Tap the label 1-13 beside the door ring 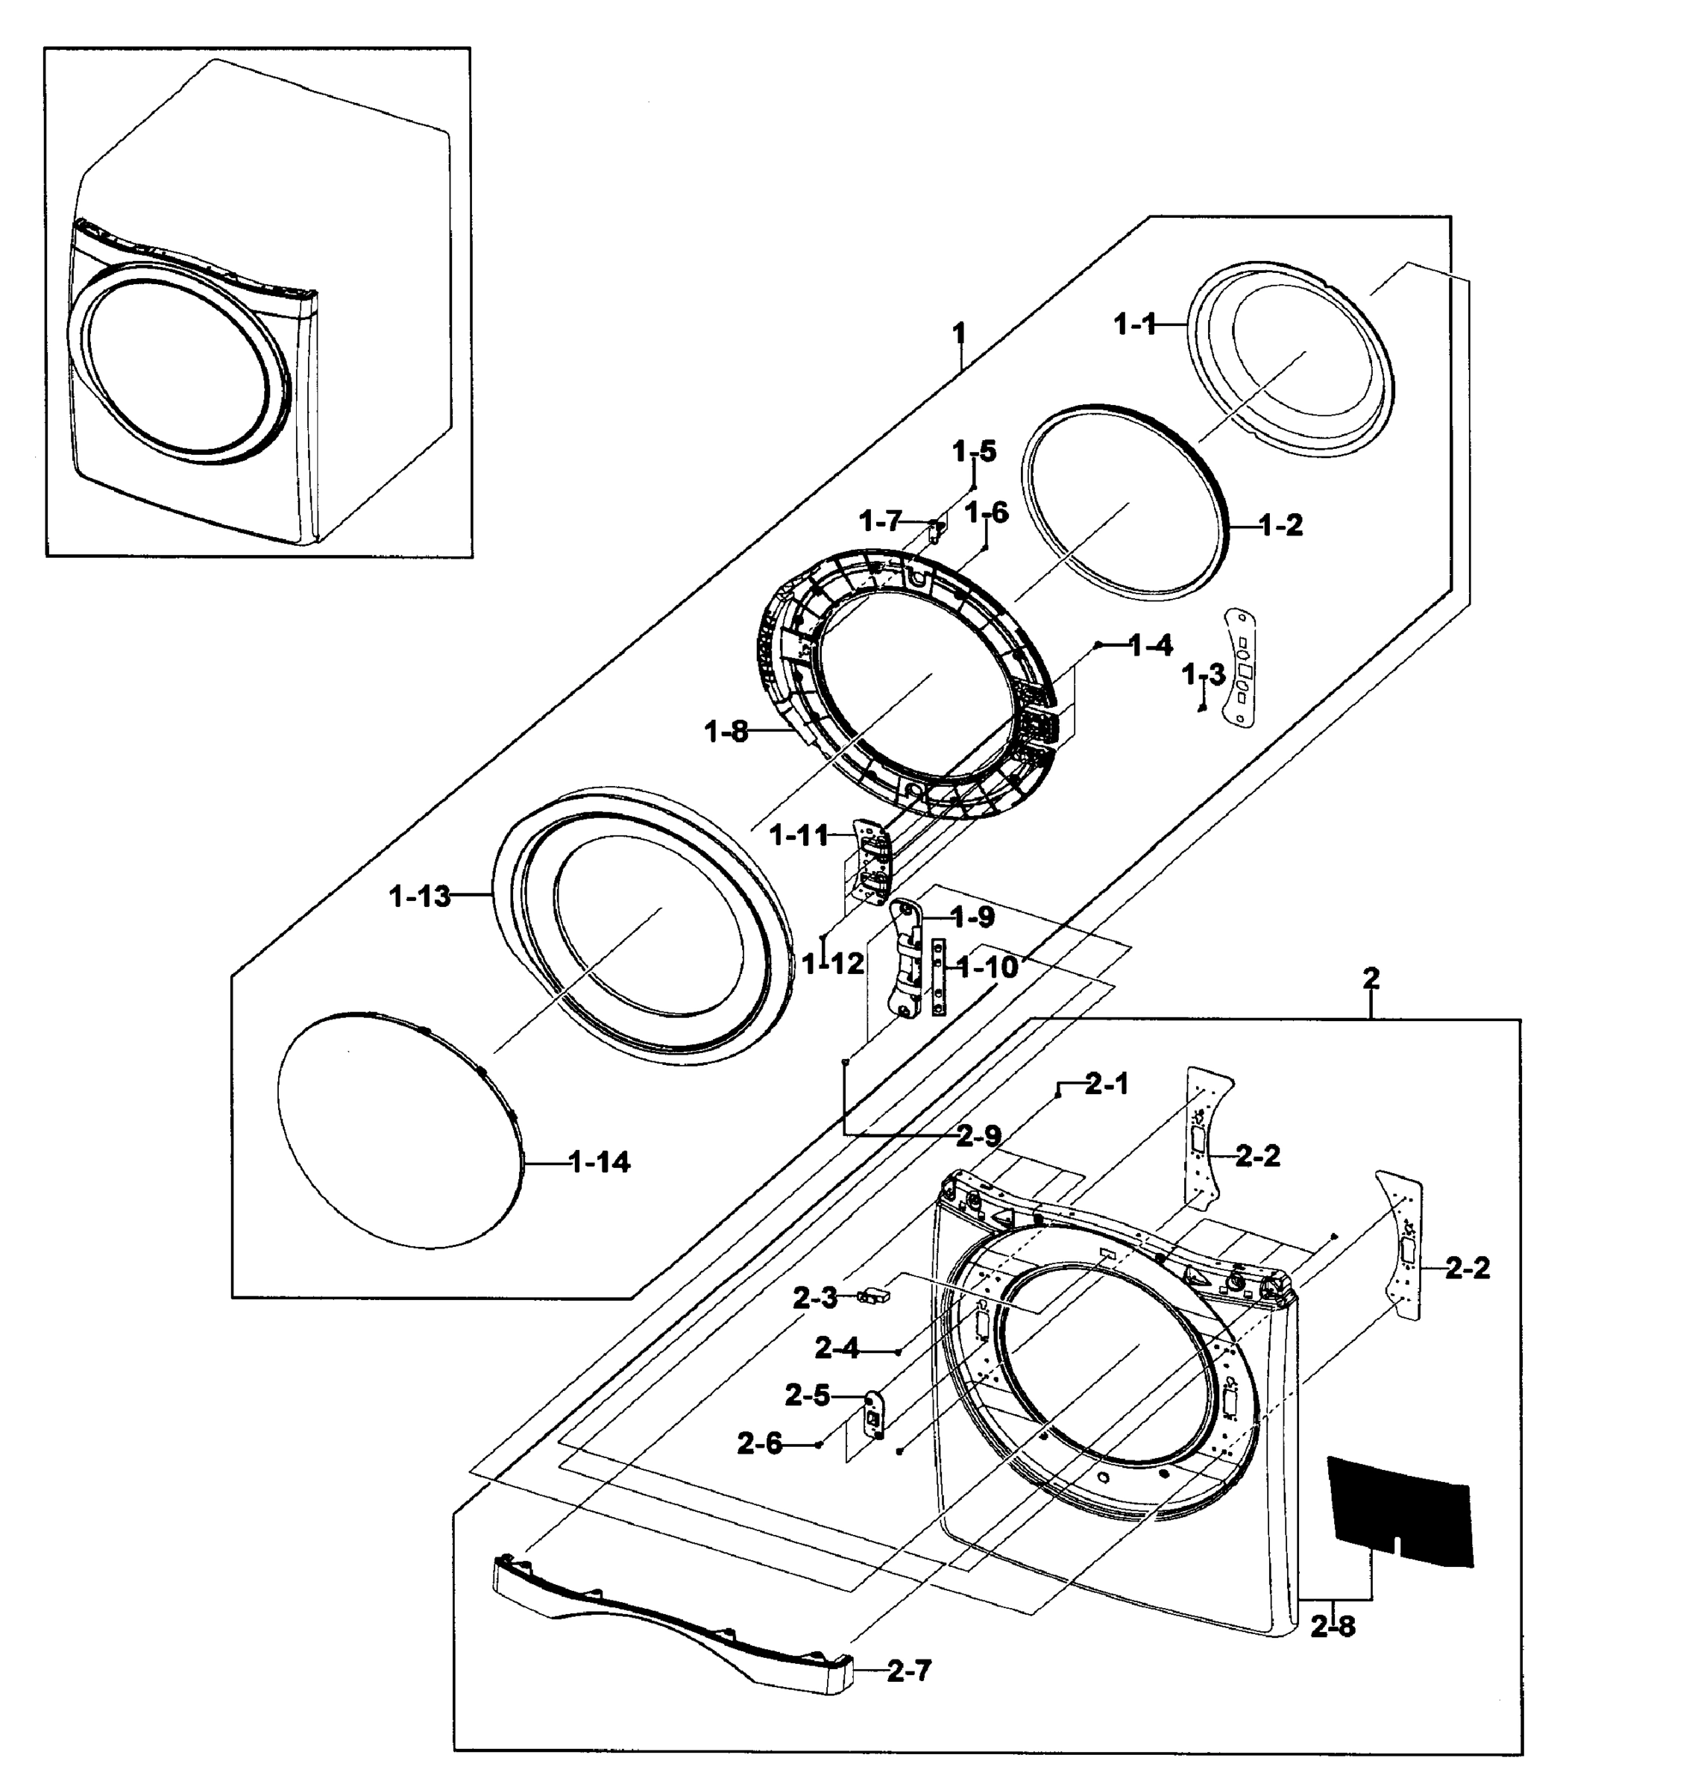[419, 896]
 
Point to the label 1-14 [600, 1162]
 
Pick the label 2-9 [978, 1137]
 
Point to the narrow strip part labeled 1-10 [939, 976]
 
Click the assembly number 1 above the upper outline [959, 335]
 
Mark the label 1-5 [974, 450]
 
